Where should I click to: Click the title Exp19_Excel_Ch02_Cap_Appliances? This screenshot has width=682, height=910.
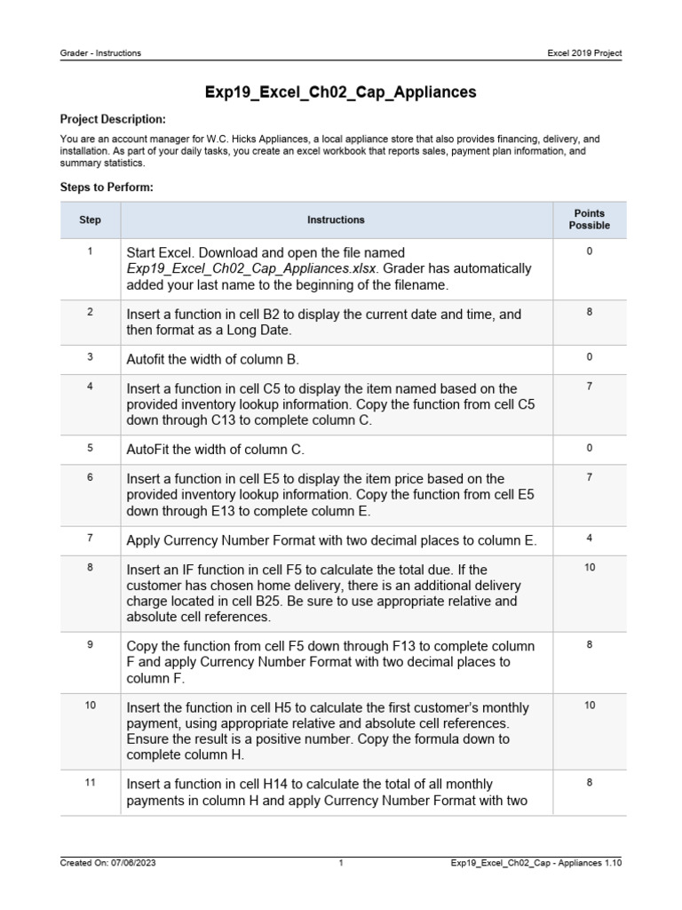click(341, 92)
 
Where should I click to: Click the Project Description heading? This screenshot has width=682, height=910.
click(112, 119)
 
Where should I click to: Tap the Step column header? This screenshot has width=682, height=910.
click(90, 220)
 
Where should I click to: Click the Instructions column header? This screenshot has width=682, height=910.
click(336, 220)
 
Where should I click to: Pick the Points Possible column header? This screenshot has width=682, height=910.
click(589, 220)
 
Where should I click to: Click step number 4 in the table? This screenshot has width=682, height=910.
click(90, 386)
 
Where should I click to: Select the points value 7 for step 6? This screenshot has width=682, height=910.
click(589, 477)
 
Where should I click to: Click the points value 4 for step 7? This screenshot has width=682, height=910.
click(589, 537)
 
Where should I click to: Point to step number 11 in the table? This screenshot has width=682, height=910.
click(90, 783)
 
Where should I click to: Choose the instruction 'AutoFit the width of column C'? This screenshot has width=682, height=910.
click(216, 450)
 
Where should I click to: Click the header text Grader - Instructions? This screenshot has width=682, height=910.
click(100, 53)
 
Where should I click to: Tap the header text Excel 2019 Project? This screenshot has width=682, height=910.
click(584, 53)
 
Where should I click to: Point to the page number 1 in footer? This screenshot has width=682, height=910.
click(341, 862)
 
